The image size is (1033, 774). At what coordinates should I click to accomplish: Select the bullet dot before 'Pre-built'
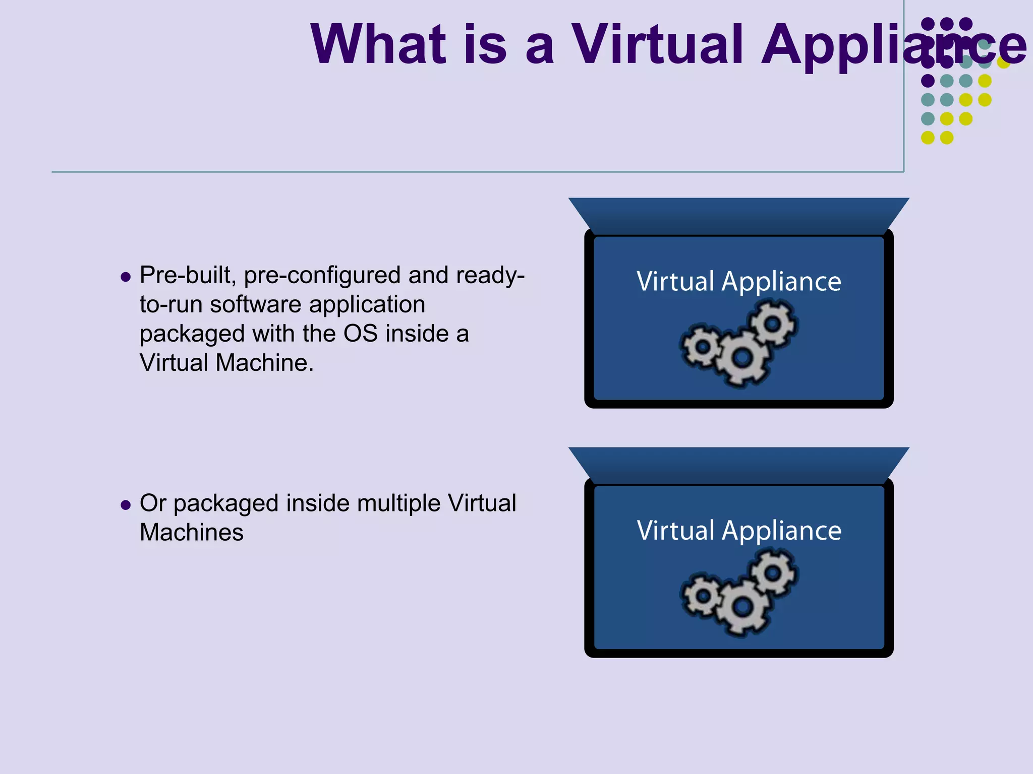tap(126, 277)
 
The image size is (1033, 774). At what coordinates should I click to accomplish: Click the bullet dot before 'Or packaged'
tap(126, 505)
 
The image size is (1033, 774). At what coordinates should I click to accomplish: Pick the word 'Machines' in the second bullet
tap(192, 533)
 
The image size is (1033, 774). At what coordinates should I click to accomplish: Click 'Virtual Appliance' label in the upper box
tap(739, 281)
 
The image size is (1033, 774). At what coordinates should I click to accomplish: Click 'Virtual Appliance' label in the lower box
tap(739, 531)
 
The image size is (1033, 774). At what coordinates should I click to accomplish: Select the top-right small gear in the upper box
tap(772, 323)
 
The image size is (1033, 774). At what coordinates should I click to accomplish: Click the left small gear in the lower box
tap(702, 596)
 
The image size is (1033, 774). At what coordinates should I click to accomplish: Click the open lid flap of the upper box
tap(739, 214)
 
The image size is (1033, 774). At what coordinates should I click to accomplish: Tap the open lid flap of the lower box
tap(739, 464)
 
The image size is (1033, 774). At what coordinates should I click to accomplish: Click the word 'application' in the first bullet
tap(367, 305)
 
